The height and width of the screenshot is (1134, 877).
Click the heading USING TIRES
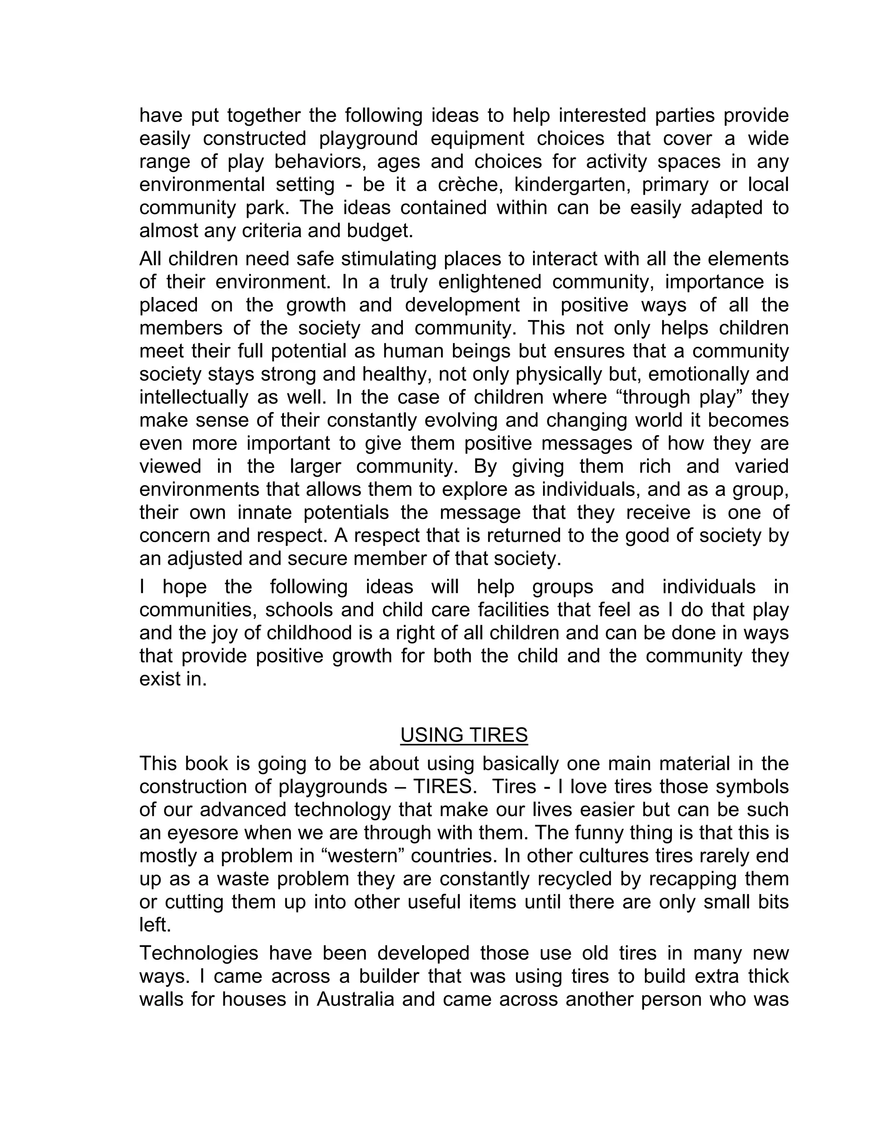click(x=463, y=735)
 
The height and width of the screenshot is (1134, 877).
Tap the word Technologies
click(x=199, y=953)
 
